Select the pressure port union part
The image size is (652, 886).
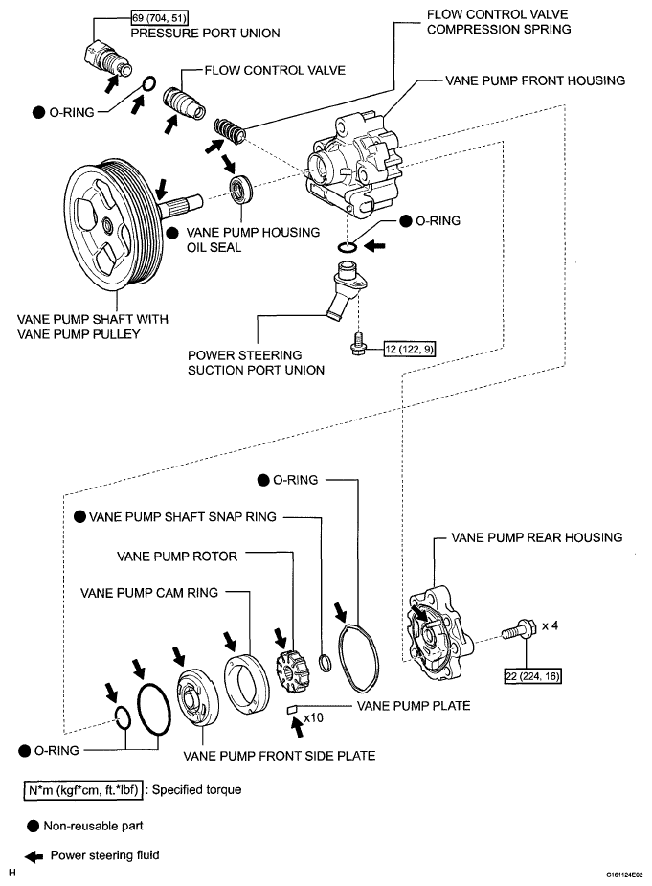point(108,57)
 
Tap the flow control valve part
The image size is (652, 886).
point(184,102)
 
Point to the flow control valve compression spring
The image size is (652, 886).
point(230,130)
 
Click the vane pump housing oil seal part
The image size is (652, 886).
point(240,189)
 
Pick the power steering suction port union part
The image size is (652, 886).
point(346,289)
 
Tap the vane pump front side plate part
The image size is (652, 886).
point(197,696)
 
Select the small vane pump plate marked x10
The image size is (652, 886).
point(292,709)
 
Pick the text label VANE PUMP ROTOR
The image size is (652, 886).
point(177,557)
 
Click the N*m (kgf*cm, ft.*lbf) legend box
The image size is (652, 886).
point(83,790)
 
